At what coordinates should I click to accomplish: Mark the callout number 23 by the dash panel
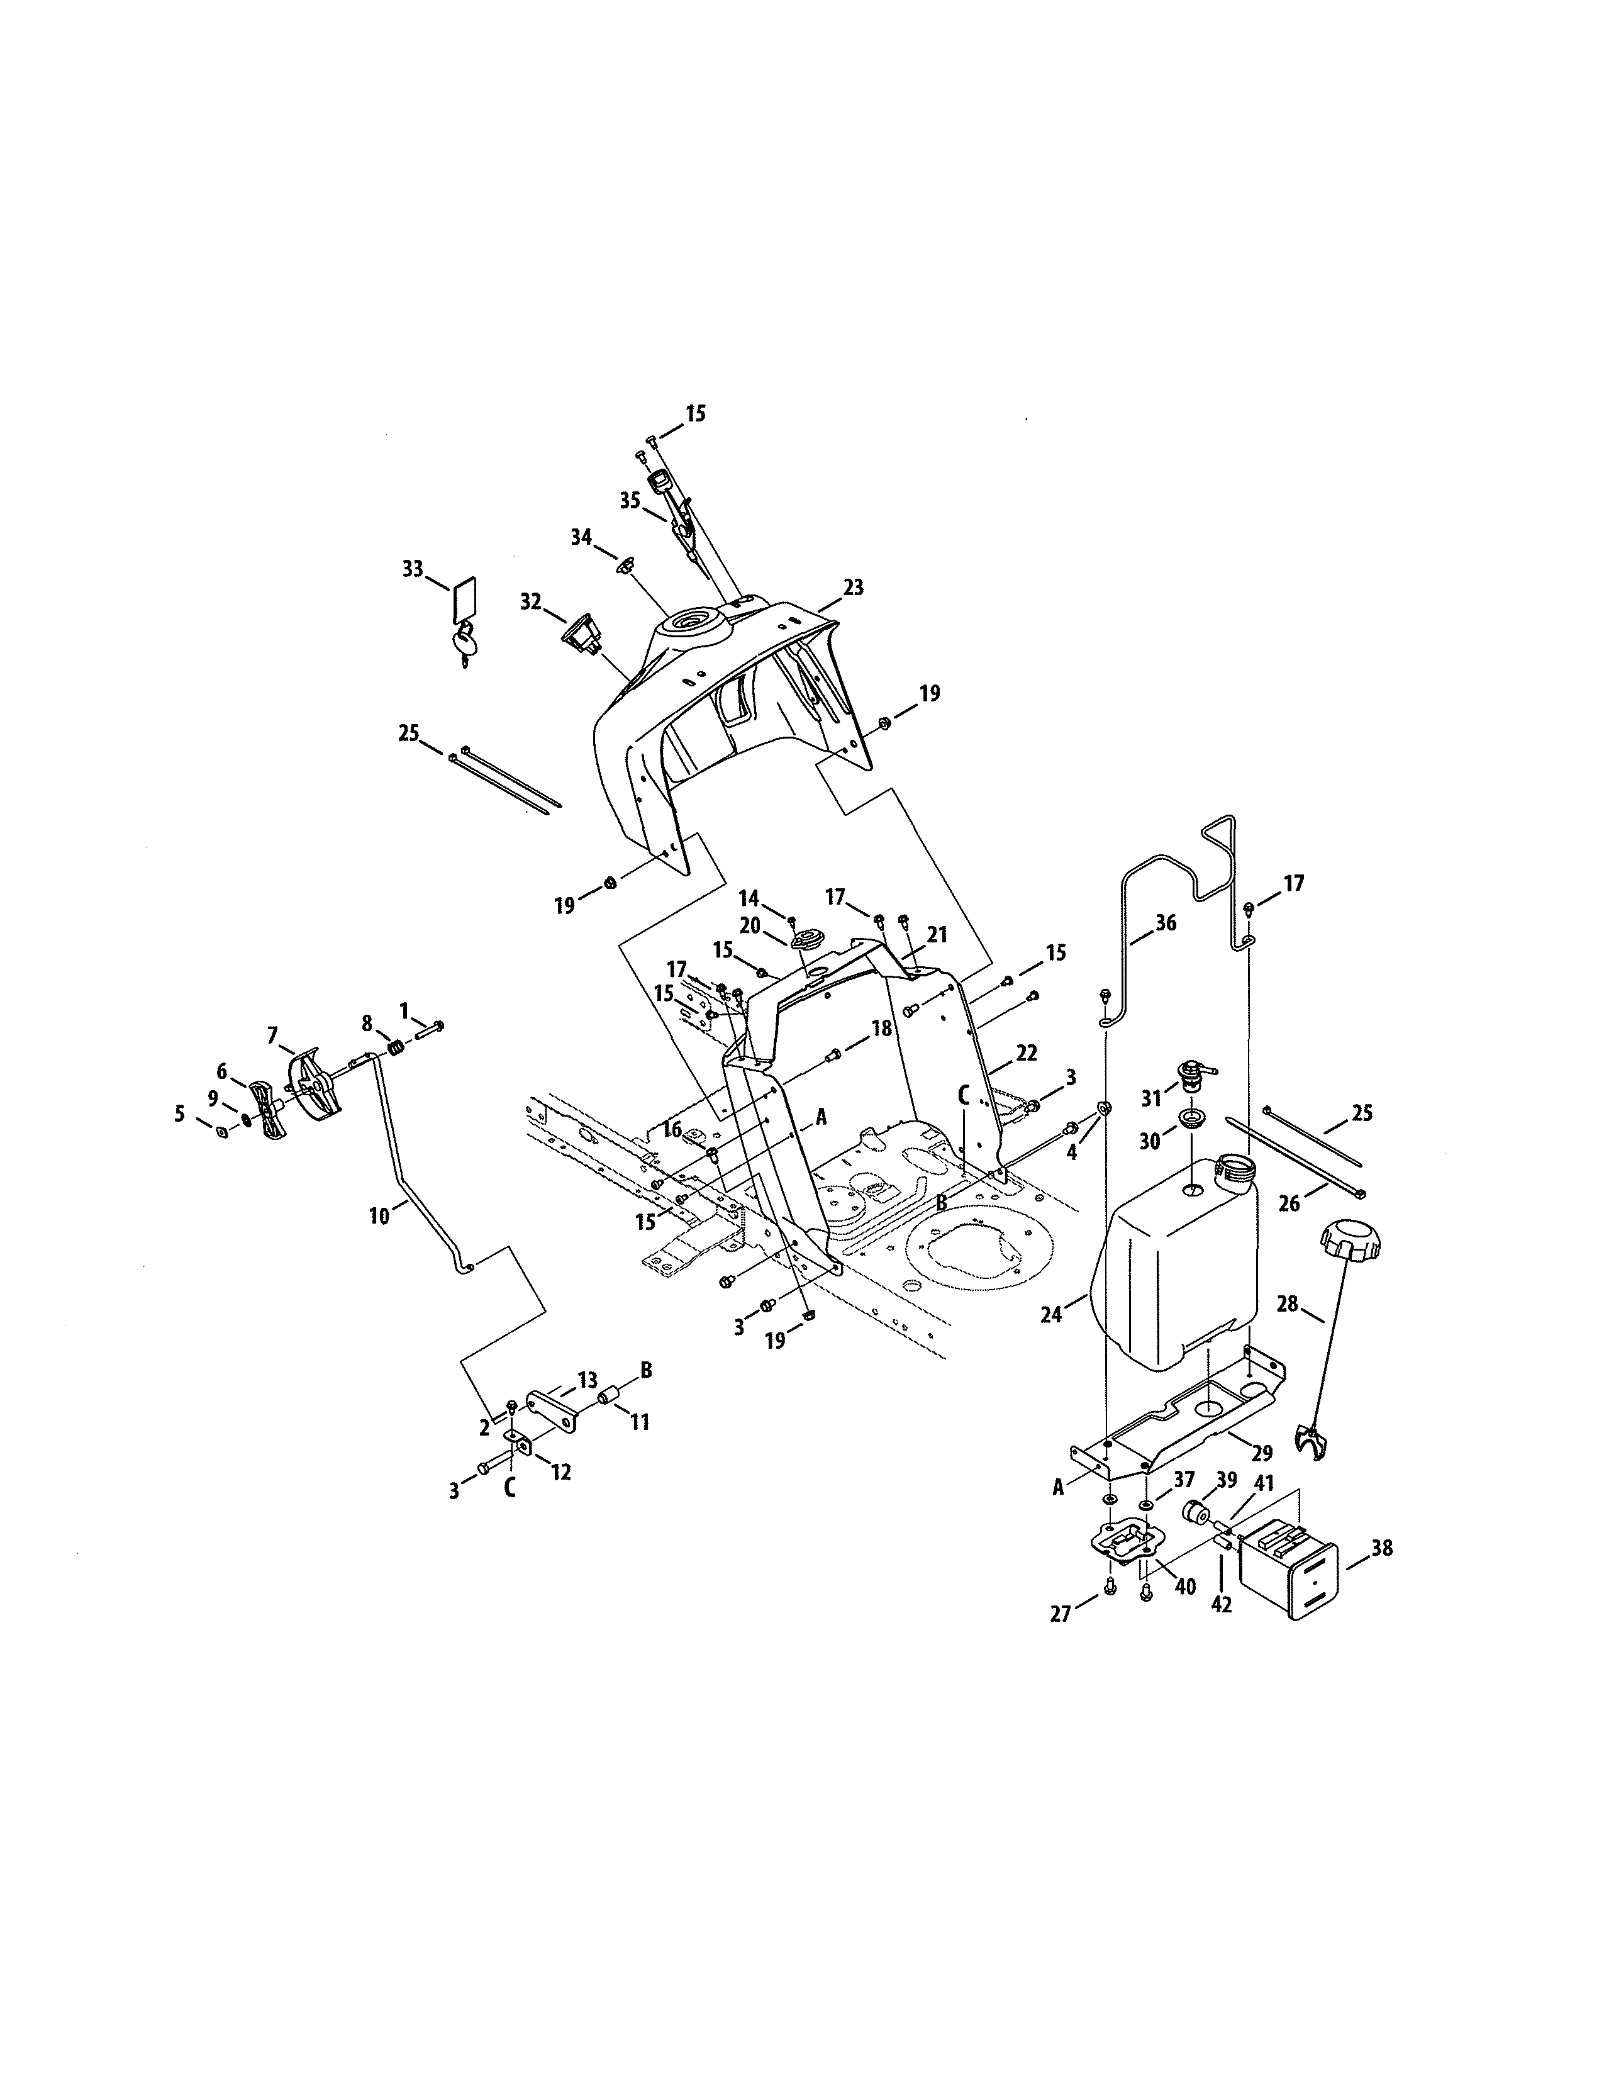point(854,588)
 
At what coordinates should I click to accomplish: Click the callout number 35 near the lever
point(630,501)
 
